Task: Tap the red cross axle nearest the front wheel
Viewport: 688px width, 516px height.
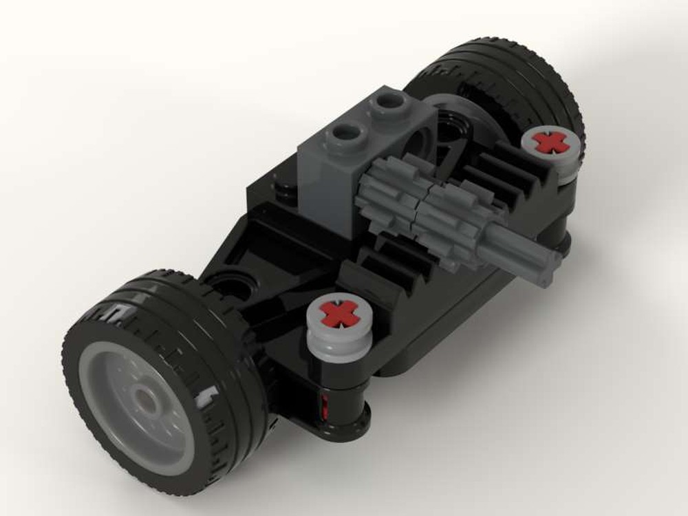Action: [x=338, y=314]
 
